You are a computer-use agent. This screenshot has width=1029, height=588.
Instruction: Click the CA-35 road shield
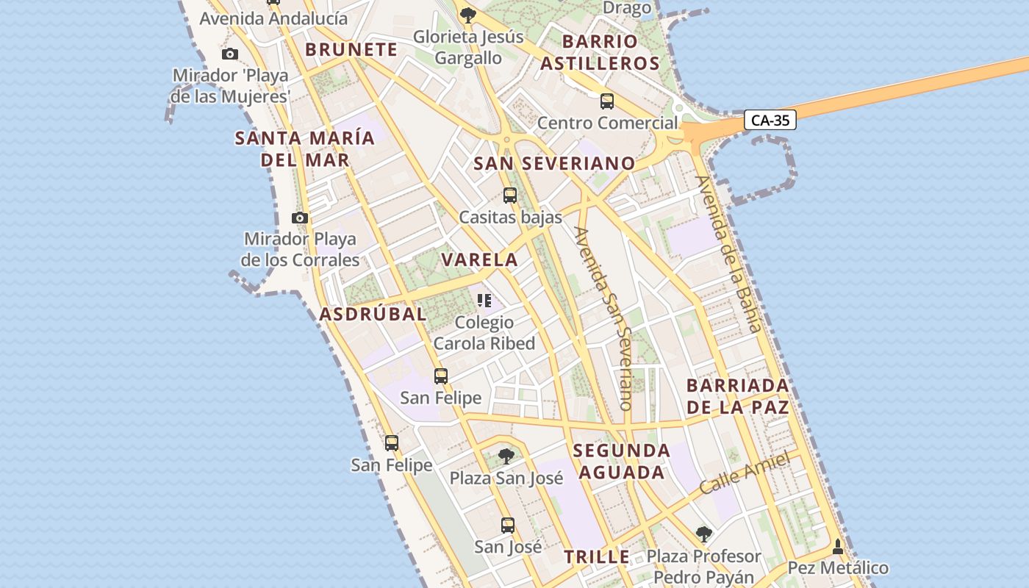pyautogui.click(x=770, y=121)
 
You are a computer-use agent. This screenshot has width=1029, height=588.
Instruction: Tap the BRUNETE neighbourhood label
pyautogui.click(x=351, y=50)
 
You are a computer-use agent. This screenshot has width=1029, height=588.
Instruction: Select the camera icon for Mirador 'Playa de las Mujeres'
pyautogui.click(x=230, y=54)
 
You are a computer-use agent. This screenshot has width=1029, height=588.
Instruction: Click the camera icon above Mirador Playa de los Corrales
pyautogui.click(x=300, y=218)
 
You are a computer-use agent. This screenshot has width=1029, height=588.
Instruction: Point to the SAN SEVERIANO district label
pyautogui.click(x=554, y=163)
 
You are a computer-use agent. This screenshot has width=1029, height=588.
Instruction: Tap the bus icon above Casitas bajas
pyautogui.click(x=510, y=196)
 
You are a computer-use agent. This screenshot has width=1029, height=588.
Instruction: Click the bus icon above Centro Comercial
pyautogui.click(x=607, y=101)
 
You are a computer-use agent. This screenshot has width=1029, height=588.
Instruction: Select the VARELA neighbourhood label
pyautogui.click(x=480, y=259)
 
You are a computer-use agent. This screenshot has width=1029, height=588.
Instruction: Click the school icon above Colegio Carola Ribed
pyautogui.click(x=484, y=300)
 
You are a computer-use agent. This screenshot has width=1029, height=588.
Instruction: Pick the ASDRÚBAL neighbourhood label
pyautogui.click(x=373, y=315)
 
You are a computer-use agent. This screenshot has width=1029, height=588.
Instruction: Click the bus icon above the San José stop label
pyautogui.click(x=508, y=526)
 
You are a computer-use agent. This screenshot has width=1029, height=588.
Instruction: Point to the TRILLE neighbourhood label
pyautogui.click(x=597, y=556)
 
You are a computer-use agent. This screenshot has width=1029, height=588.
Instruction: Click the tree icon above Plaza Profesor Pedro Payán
pyautogui.click(x=704, y=534)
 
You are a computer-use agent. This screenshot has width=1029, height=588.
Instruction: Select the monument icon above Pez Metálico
pyautogui.click(x=838, y=547)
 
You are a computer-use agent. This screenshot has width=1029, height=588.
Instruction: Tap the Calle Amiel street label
pyautogui.click(x=745, y=473)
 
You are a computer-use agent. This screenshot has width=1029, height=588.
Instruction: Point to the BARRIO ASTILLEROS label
pyautogui.click(x=600, y=52)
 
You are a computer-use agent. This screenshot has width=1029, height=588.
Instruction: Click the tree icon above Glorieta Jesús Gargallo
pyautogui.click(x=467, y=14)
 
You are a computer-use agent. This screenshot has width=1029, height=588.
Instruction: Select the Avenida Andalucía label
pyautogui.click(x=273, y=18)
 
